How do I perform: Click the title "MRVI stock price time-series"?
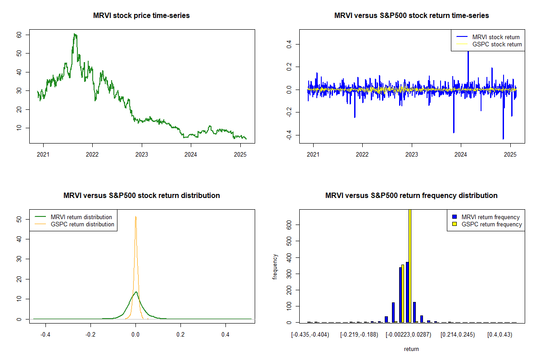tap(141, 16)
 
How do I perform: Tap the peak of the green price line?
tap(75, 34)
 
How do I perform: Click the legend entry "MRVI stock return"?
tap(495, 37)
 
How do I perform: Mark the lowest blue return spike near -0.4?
tap(503, 139)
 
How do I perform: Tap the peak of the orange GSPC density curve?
tap(135, 216)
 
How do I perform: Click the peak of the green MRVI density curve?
tap(135, 292)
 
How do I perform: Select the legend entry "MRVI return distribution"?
tap(81, 217)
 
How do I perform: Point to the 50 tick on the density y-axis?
tap(19, 219)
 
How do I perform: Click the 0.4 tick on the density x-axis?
tap(225, 335)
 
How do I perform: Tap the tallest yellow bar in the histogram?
tap(410, 265)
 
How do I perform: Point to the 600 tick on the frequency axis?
tap(289, 225)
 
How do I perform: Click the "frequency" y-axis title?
tap(275, 266)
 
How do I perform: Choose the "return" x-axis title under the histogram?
tap(411, 349)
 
